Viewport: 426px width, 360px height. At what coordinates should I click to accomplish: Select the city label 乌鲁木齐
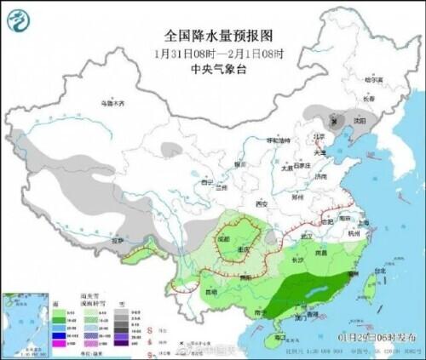pos(112,103)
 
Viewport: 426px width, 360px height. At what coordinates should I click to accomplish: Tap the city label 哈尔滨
pos(375,79)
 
